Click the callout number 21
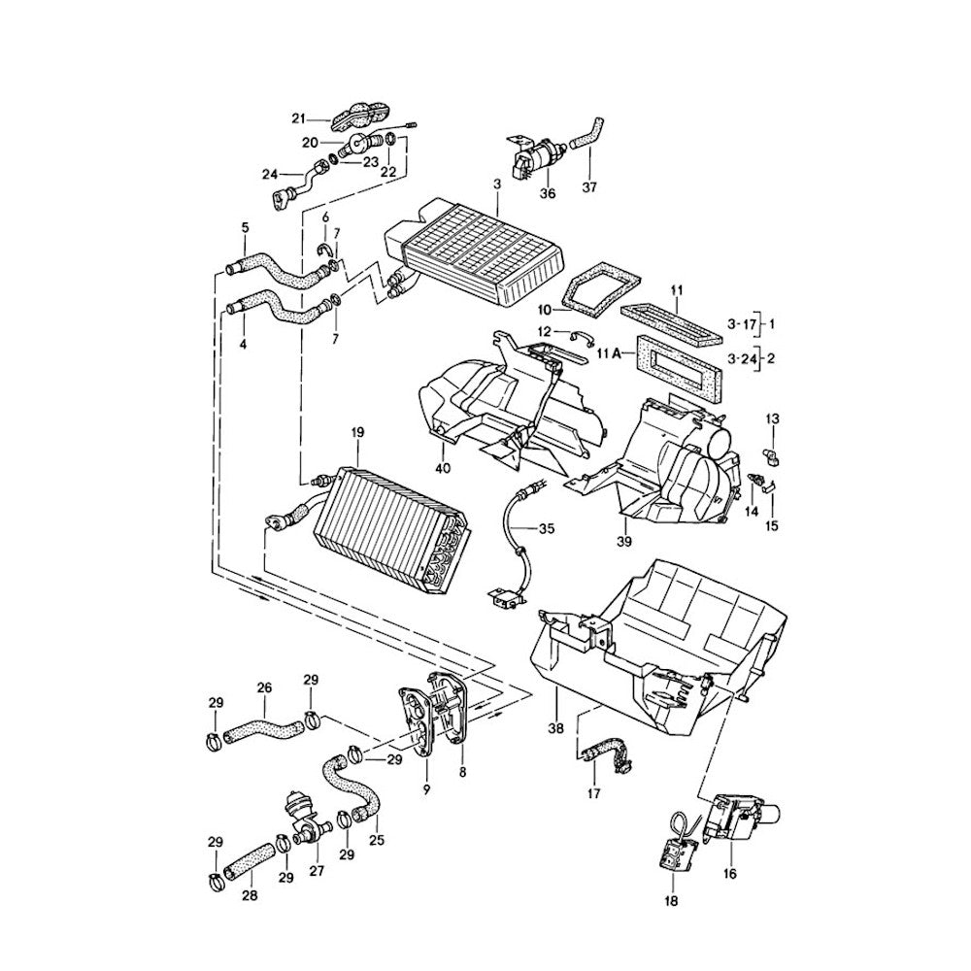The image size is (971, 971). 298,118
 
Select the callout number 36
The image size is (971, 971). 548,193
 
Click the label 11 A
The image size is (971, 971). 609,356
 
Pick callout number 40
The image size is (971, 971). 443,469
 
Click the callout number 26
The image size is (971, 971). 263,687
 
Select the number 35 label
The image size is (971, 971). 547,529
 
